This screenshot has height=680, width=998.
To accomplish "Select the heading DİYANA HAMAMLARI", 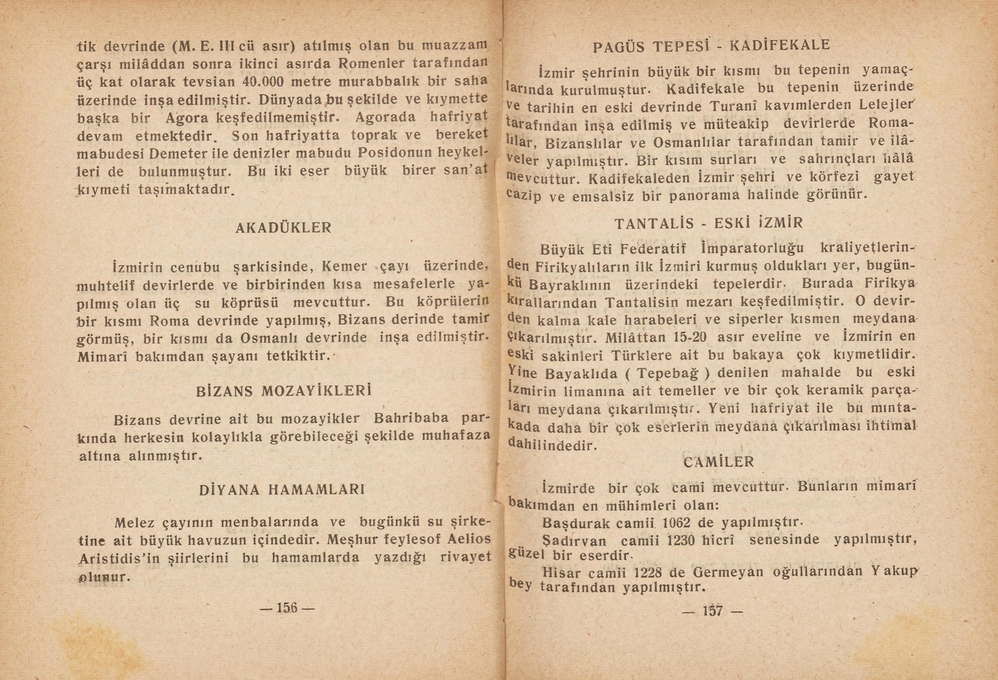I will (x=282, y=490).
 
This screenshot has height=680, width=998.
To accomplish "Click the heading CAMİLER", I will (x=718, y=462).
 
